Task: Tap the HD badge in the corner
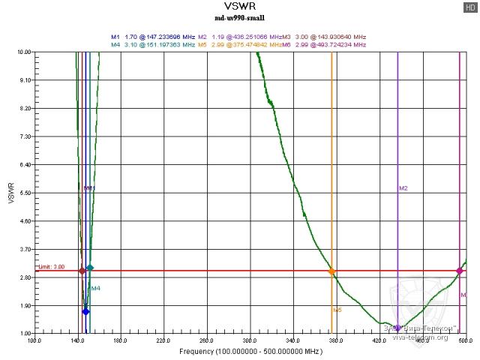[x=470, y=7]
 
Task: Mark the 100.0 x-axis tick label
[x=34, y=340]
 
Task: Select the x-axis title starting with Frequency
[x=250, y=351]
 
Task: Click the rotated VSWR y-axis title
[x=10, y=193]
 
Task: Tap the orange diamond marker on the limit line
[x=331, y=271]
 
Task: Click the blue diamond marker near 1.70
[x=85, y=311]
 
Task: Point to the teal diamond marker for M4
[x=90, y=268]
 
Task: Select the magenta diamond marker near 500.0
[x=459, y=271]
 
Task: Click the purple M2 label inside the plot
[x=403, y=187]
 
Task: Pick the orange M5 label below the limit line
[x=337, y=309]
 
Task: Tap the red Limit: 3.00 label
[x=51, y=266]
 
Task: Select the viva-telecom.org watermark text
[x=419, y=337]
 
